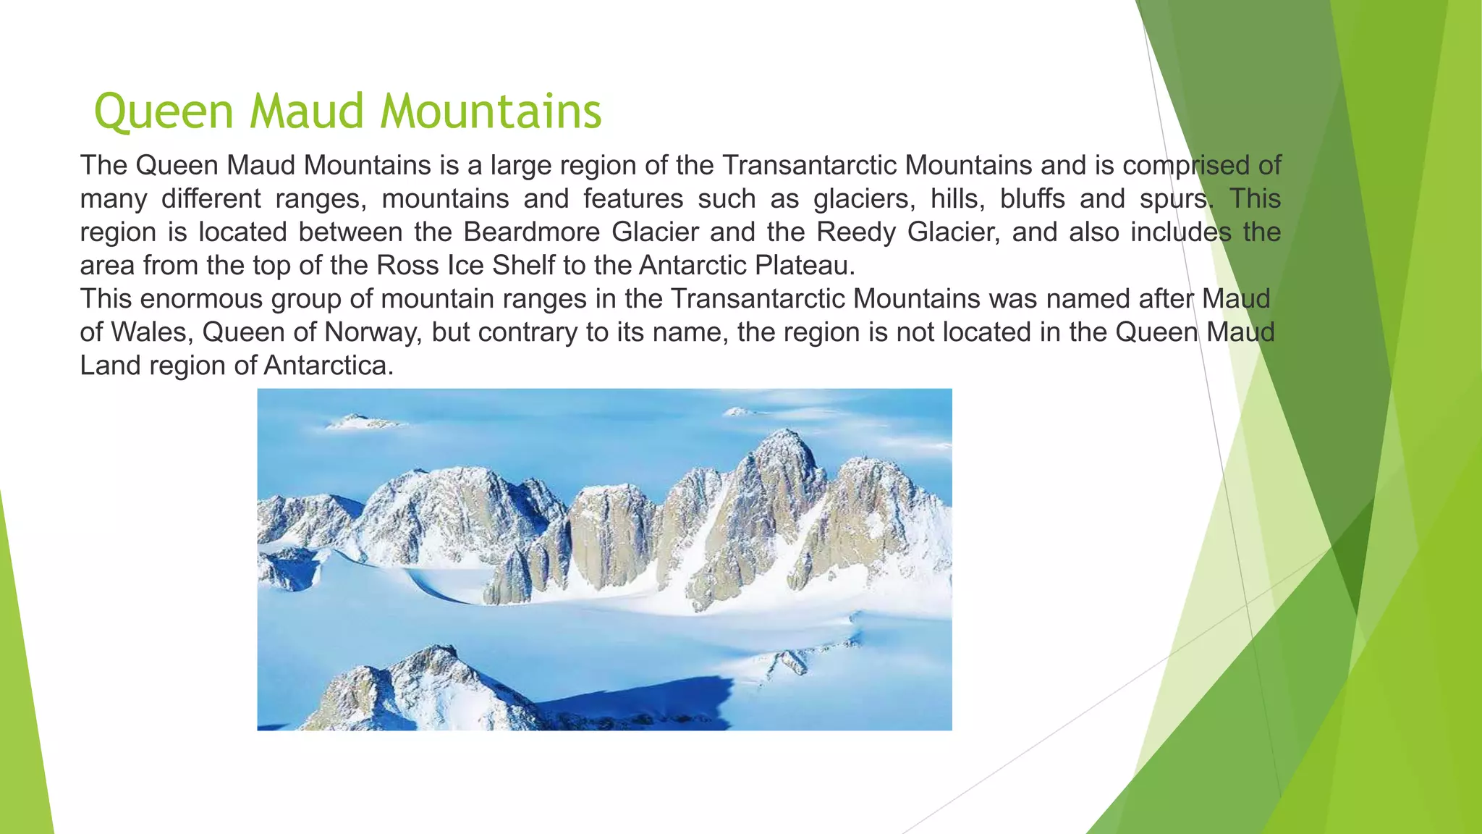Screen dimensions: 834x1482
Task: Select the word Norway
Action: pos(371,332)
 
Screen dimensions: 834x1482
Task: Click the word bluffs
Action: pos(1033,199)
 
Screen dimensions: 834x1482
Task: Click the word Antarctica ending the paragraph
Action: pos(328,366)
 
